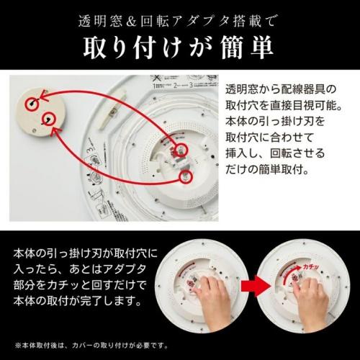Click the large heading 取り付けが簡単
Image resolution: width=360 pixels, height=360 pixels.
[x=179, y=48]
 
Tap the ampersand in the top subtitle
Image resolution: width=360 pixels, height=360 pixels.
[x=131, y=22]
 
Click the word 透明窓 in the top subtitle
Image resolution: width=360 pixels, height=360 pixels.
[x=100, y=22]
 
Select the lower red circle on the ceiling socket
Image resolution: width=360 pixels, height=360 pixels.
[x=49, y=119]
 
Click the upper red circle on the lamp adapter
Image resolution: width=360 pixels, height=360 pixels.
[x=181, y=150]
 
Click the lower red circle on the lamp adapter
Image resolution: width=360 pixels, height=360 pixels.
[x=186, y=177]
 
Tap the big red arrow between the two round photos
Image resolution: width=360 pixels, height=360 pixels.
[x=256, y=286]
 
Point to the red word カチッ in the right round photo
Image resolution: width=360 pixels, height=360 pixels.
[x=311, y=266]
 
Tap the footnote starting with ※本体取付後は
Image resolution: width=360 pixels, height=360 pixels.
[x=91, y=346]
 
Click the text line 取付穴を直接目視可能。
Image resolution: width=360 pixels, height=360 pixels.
[x=284, y=105]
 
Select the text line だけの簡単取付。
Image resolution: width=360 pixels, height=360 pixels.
[x=267, y=170]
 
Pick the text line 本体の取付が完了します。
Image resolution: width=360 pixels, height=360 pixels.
[x=78, y=301]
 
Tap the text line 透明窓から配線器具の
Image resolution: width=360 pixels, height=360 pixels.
[x=281, y=89]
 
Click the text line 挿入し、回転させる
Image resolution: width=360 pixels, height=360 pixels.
[x=275, y=153]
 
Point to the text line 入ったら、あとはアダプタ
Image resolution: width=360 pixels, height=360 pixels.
[x=80, y=269]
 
